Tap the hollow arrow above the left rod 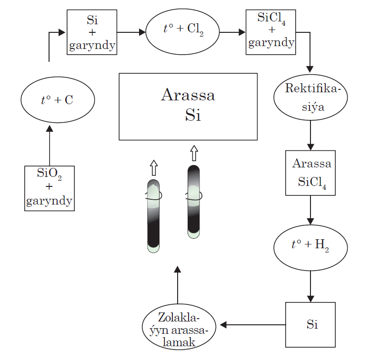pos(154,168)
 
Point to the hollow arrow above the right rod pos(194,153)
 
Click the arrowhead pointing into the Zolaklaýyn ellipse pos(223,325)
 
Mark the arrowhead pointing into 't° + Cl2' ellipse pos(142,32)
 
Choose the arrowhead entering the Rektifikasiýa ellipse pos(310,69)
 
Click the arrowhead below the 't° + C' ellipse pos(50,128)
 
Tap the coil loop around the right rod pos(194,196)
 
